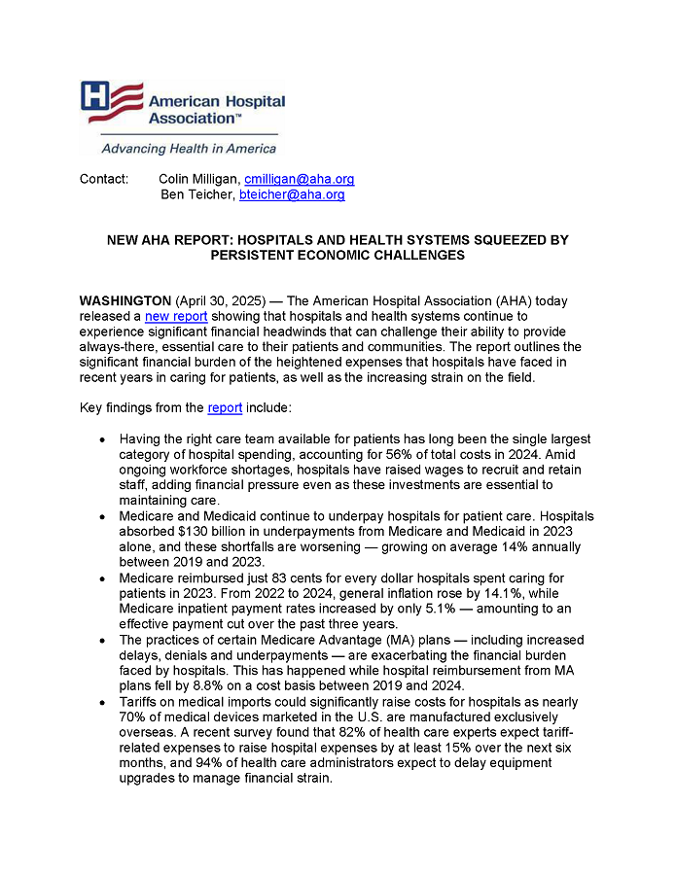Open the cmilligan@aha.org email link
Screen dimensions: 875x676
[299, 179]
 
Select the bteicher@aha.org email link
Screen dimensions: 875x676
[292, 194]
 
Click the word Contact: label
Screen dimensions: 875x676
[104, 179]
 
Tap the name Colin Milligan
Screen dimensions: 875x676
[198, 179]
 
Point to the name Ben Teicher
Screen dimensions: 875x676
[198, 194]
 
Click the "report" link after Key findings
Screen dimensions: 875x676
[225, 407]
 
